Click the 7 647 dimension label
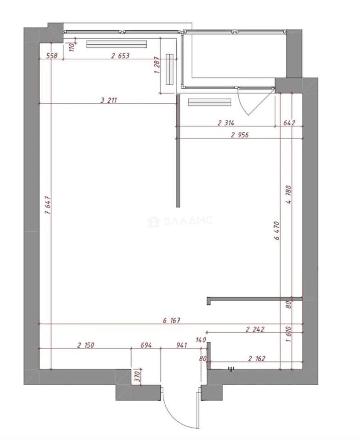[x=48, y=205]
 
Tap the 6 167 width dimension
[x=171, y=320]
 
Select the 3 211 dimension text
[x=109, y=100]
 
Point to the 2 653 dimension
[x=120, y=56]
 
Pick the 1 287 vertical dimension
[x=157, y=65]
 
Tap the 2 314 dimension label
[x=226, y=122]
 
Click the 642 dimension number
[x=289, y=122]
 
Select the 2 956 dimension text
[x=240, y=135]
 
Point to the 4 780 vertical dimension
[x=289, y=194]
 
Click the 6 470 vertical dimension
[x=277, y=231]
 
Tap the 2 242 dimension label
[x=255, y=329]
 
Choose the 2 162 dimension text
[x=257, y=359]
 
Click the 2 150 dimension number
[x=86, y=345]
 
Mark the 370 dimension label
[x=137, y=376]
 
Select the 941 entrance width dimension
[x=181, y=345]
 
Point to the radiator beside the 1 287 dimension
[x=170, y=69]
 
